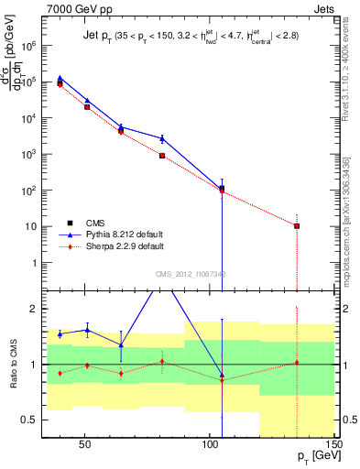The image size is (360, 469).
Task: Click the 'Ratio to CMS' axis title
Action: [x=13, y=364]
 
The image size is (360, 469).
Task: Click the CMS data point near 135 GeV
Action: [x=297, y=225]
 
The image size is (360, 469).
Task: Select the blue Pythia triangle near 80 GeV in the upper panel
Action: [x=161, y=138]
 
